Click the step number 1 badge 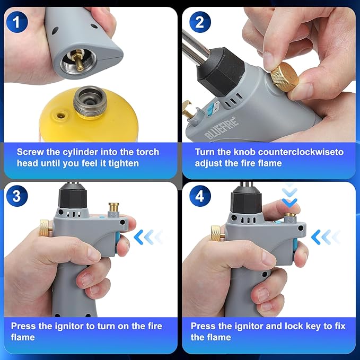click(x=17, y=22)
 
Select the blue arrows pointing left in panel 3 click(x=147, y=237)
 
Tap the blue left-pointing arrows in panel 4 click(x=324, y=236)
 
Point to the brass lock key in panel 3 click(x=113, y=208)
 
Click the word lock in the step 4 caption click(x=285, y=326)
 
